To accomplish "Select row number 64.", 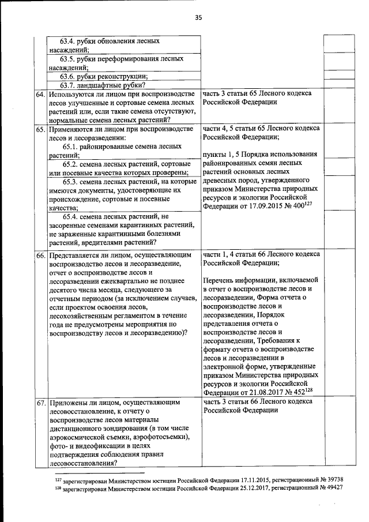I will click(40, 94).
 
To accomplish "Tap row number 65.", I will click(40, 130).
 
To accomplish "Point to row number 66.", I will click(40, 255).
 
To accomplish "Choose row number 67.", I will click(40, 401).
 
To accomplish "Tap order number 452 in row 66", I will click(298, 392).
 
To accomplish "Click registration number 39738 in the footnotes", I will click(333, 479).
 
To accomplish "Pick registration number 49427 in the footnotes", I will click(333, 487).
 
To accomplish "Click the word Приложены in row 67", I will click(69, 401).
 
